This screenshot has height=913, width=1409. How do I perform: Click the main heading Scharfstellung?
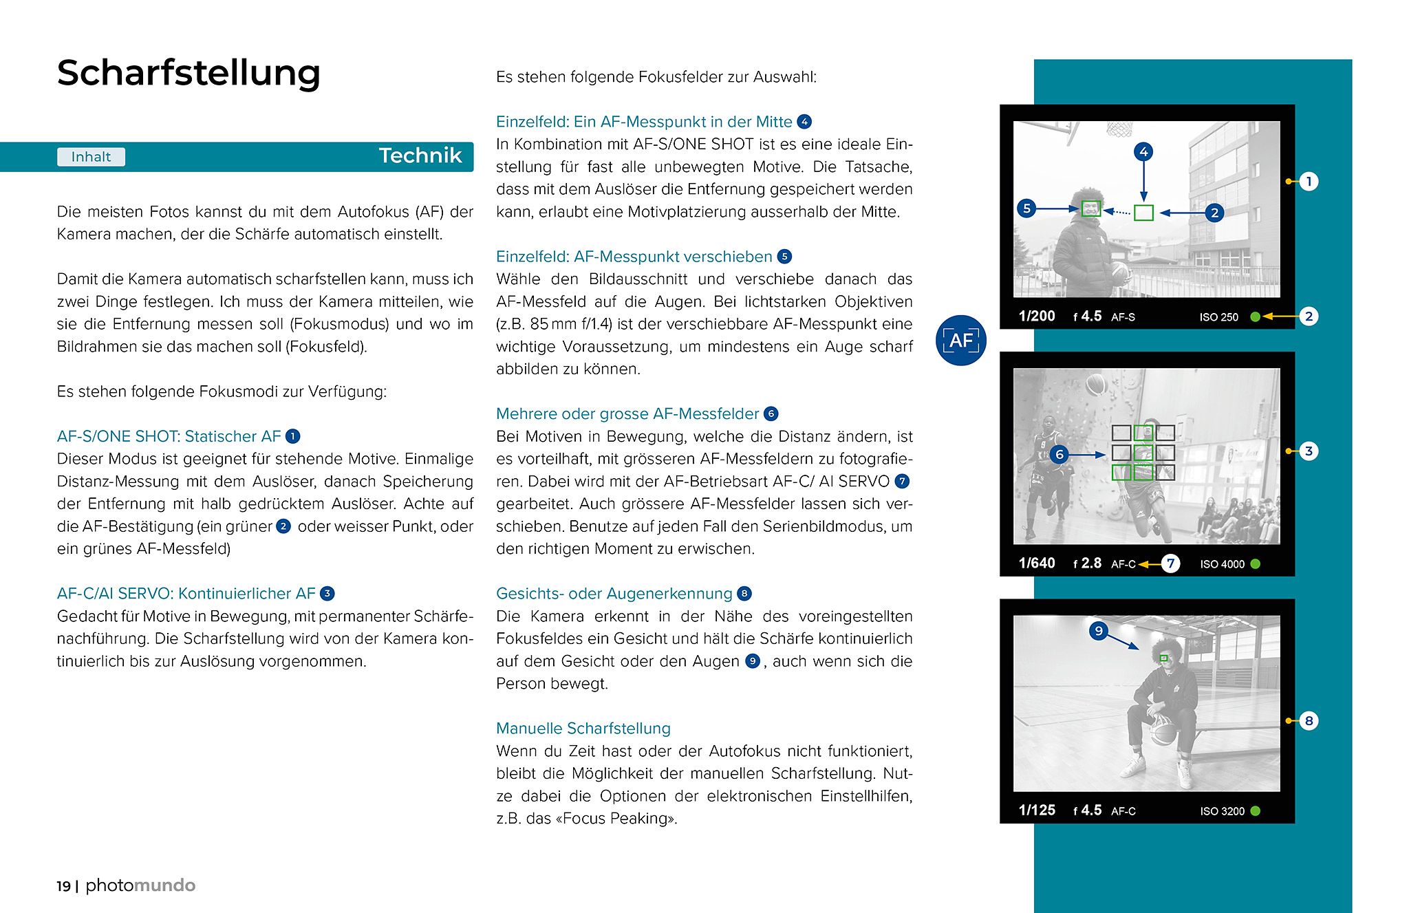tap(189, 73)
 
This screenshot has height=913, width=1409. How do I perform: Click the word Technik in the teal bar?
tap(420, 156)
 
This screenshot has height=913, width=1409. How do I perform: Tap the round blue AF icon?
tap(960, 340)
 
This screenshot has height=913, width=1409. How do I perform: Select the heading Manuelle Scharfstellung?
tap(583, 728)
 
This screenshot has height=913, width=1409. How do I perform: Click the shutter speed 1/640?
tap(1036, 563)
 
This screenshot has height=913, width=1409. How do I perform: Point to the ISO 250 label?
tap(1218, 317)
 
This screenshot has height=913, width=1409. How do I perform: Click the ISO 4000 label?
tap(1222, 564)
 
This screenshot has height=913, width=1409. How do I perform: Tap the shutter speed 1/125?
tap(1036, 810)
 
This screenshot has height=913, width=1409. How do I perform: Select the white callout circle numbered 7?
tap(1170, 563)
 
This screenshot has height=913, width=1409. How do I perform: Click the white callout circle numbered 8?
tap(1309, 721)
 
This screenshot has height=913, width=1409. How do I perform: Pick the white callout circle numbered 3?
tap(1309, 451)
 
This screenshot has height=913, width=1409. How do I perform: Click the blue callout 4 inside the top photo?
tap(1143, 151)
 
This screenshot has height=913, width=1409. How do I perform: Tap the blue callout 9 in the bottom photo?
tap(1099, 630)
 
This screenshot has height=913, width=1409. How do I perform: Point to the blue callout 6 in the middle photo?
tap(1060, 454)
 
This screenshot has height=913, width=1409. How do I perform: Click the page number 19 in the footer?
tap(63, 886)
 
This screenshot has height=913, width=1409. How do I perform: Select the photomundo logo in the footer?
tap(140, 885)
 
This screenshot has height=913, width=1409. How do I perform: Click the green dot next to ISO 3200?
tap(1255, 811)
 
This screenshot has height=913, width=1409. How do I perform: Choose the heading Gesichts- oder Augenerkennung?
tap(614, 594)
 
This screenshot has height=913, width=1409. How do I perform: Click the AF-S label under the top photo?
tap(1123, 317)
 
